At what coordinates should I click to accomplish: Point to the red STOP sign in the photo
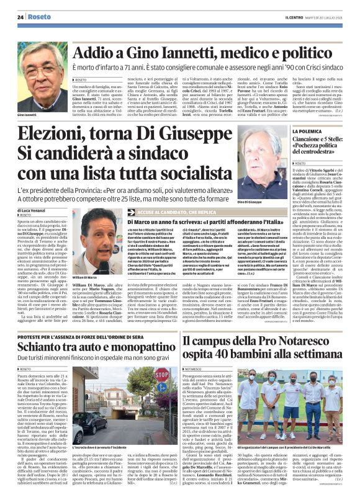pos(162,375)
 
